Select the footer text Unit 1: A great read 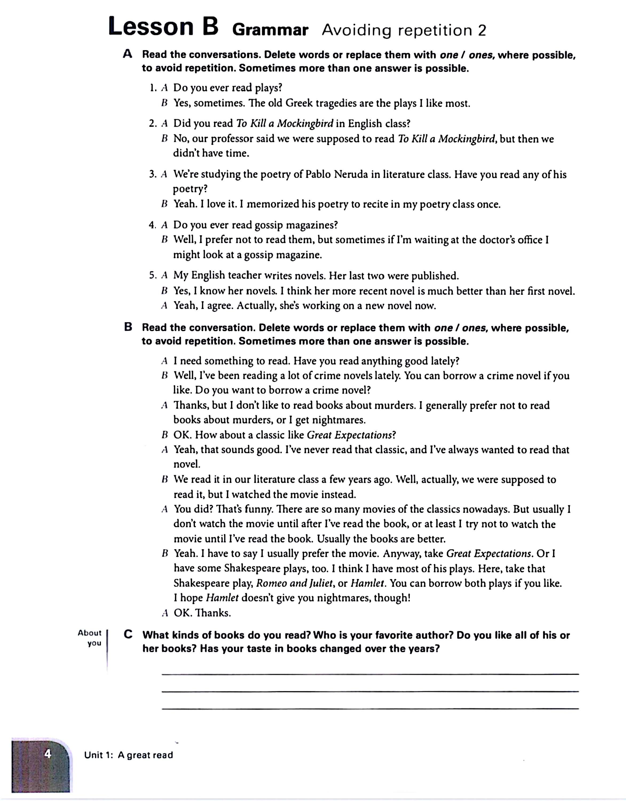[x=128, y=755]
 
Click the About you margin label [x=90, y=638]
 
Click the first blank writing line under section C [x=370, y=674]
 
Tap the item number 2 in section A [x=153, y=124]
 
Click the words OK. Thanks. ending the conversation [x=202, y=613]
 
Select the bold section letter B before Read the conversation [x=128, y=327]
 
